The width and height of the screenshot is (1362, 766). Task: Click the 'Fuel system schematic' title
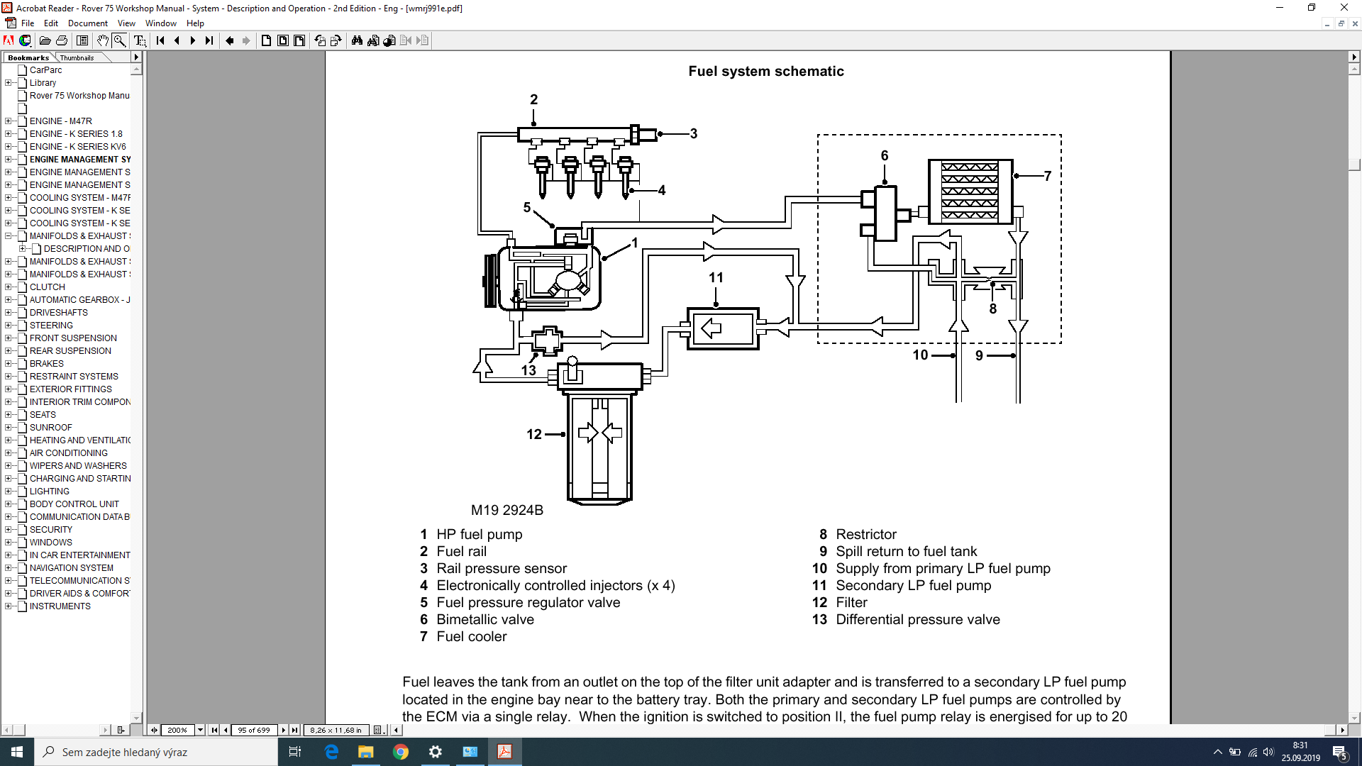[765, 71]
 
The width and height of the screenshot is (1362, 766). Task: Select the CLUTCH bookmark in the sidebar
[47, 287]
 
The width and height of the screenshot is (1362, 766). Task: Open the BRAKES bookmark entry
[46, 364]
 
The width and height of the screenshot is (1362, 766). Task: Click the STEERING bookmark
[51, 326]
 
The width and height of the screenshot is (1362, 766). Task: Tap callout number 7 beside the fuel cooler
[1047, 176]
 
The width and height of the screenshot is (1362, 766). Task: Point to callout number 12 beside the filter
[534, 434]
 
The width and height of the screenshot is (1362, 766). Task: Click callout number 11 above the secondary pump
[716, 278]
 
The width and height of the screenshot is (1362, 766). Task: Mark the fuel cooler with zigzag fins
[970, 191]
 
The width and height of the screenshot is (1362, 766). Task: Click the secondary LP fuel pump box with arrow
[723, 328]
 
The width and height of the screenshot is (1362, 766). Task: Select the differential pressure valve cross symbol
[547, 341]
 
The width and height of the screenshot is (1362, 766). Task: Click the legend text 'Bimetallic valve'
[485, 619]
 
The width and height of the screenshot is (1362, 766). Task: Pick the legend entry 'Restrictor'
[866, 534]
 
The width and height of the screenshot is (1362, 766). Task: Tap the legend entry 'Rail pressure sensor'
[502, 568]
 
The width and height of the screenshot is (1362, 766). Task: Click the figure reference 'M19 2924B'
[506, 510]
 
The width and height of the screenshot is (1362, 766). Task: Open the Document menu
[87, 23]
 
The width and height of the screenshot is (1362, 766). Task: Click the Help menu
[195, 23]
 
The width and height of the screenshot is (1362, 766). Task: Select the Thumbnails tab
[77, 57]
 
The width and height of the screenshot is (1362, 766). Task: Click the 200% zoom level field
[177, 730]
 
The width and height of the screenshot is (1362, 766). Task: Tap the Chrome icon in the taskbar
[401, 752]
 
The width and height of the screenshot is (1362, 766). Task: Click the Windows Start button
[17, 752]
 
